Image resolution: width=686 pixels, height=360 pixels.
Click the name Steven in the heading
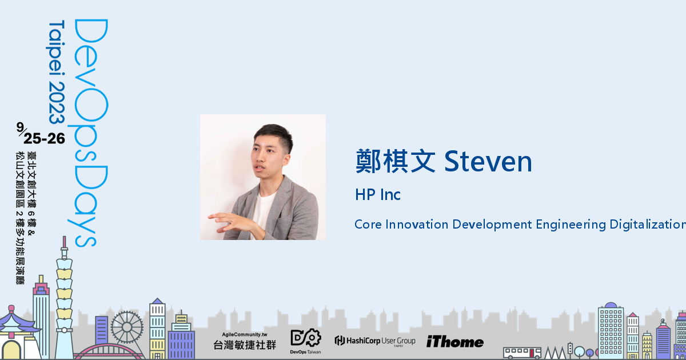pos(488,162)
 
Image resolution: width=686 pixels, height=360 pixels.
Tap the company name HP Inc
pos(377,195)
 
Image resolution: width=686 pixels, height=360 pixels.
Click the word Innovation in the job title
pos(417,224)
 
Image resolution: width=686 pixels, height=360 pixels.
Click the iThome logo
pos(454,342)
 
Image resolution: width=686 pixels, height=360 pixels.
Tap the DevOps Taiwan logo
pos(306,341)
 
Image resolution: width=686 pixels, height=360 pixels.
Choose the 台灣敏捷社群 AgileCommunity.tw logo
pos(244,341)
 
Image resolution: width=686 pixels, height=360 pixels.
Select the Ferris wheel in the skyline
pos(127,327)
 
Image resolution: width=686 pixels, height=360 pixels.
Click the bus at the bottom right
pos(522,352)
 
